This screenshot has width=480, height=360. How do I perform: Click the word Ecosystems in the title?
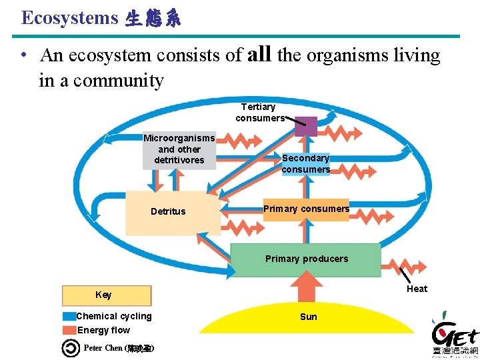(70, 18)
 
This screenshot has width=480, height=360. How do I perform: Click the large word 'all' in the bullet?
(258, 54)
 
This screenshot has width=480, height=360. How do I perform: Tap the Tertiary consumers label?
(259, 112)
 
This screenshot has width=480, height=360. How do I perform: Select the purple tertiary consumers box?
(306, 126)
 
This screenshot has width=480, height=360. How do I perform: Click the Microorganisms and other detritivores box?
(179, 149)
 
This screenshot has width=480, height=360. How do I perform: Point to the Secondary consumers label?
(305, 163)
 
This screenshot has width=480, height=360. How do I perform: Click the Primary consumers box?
(306, 209)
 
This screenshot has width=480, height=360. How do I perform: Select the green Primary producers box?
(306, 259)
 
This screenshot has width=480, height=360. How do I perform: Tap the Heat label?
(417, 288)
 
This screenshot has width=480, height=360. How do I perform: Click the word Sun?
(309, 317)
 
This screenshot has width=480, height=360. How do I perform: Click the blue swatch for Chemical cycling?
(69, 317)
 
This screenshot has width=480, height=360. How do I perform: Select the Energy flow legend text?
(104, 330)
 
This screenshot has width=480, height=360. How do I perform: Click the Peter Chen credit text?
(119, 348)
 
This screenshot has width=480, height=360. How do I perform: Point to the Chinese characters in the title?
(153, 19)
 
